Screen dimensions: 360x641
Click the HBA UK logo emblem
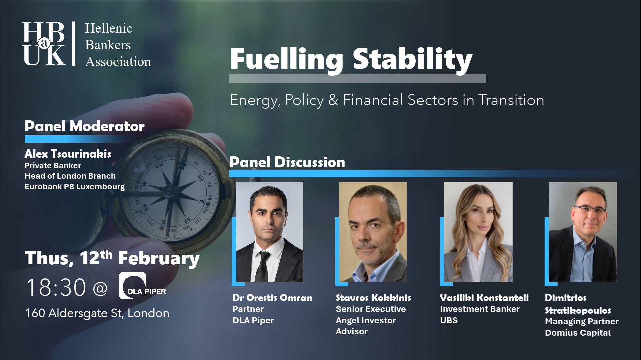(44, 43)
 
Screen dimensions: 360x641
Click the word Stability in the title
(412, 59)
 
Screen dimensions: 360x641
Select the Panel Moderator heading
(84, 126)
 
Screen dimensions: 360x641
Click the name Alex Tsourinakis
(68, 154)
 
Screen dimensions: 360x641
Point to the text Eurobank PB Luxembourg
(74, 187)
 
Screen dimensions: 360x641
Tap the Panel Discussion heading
(287, 162)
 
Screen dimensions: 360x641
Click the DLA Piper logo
(142, 286)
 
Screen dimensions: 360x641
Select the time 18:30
(56, 287)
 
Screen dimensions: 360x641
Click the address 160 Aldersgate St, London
(97, 313)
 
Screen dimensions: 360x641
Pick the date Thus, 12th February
(112, 258)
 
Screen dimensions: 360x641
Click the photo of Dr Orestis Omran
(270, 232)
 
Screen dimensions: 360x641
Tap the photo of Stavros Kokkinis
(373, 232)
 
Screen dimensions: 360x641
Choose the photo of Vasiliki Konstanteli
(478, 232)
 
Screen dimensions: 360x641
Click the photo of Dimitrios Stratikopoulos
(583, 232)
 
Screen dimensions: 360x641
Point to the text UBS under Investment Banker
(449, 320)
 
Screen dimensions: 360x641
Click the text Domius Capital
(578, 333)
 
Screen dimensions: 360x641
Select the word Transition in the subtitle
(511, 100)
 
